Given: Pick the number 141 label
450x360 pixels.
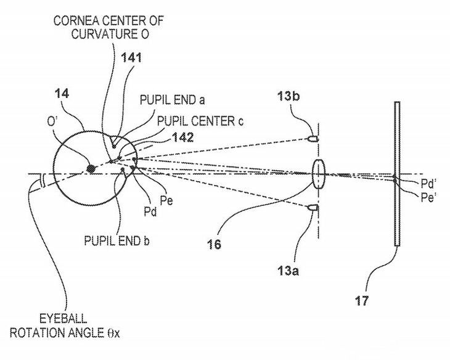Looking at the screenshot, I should click(x=132, y=58).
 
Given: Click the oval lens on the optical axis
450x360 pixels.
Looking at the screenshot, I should click(x=317, y=173).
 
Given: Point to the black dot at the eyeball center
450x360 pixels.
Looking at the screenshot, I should click(x=91, y=168).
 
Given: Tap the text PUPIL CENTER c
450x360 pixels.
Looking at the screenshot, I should click(x=201, y=120).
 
